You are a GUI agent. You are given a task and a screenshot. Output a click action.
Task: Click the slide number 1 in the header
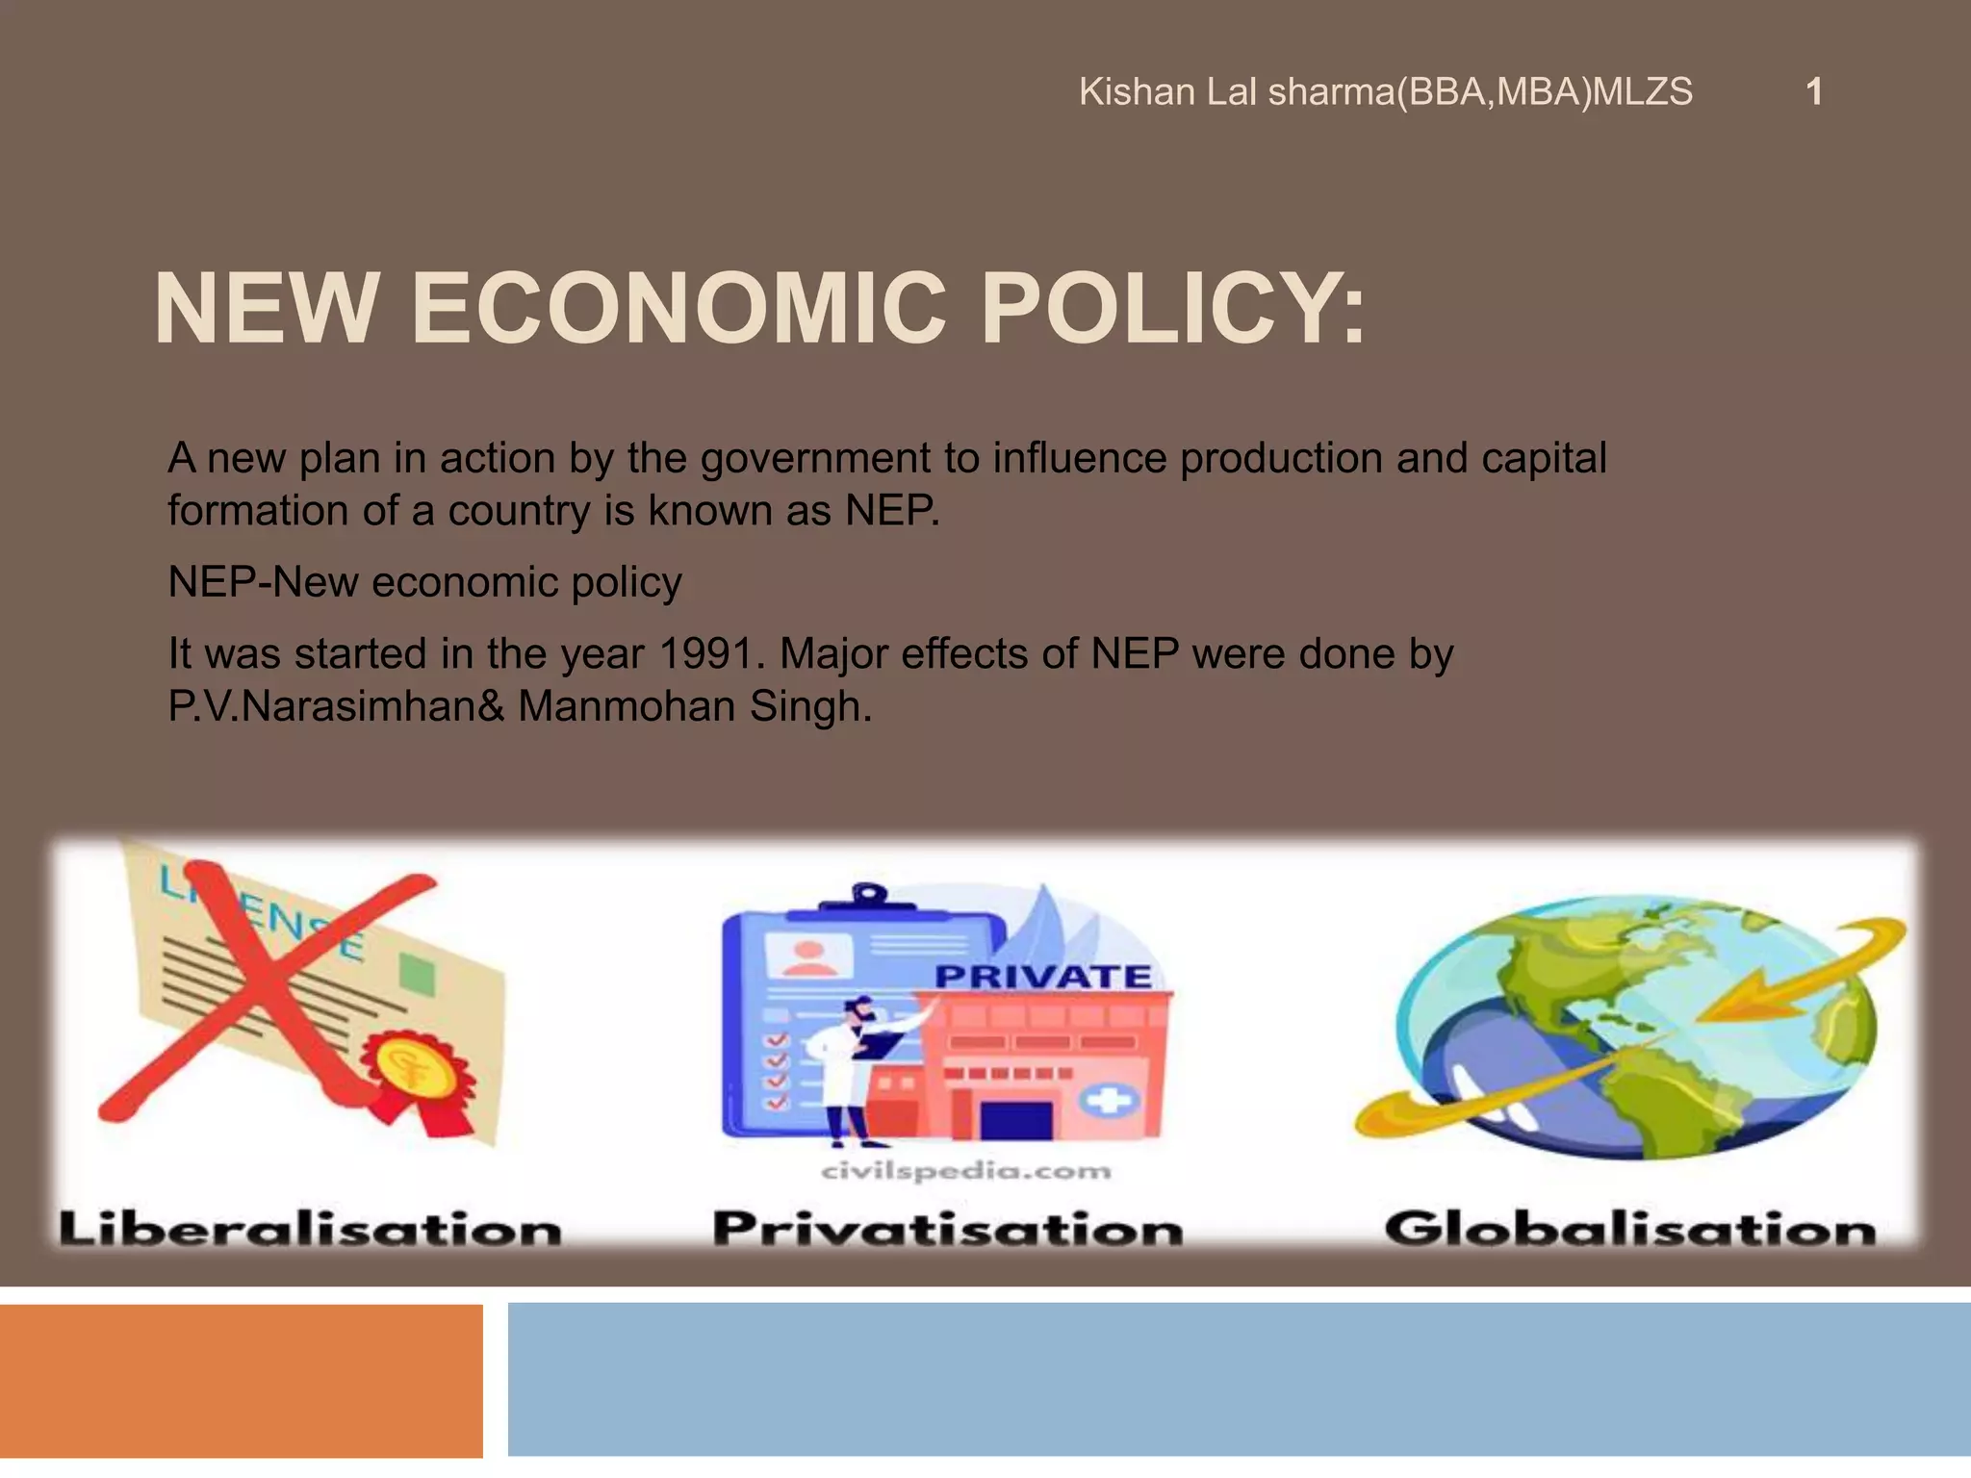pos(1813,92)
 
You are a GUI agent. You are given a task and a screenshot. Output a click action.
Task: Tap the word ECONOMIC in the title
pos(678,309)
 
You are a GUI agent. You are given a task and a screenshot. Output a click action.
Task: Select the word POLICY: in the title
pos(1171,309)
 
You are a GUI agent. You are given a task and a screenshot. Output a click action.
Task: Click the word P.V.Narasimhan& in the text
pos(336,707)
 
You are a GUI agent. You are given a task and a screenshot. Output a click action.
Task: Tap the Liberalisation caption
pos(310,1230)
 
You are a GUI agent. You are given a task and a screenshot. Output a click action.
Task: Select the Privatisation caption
pos(947,1230)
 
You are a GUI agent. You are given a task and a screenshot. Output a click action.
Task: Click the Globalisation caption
pos(1629,1230)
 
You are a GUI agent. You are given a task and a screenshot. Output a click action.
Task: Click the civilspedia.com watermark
pos(965,1171)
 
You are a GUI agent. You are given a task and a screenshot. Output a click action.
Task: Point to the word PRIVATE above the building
pos(1043,977)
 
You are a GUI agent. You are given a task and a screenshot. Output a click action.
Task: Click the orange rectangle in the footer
pos(241,1381)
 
